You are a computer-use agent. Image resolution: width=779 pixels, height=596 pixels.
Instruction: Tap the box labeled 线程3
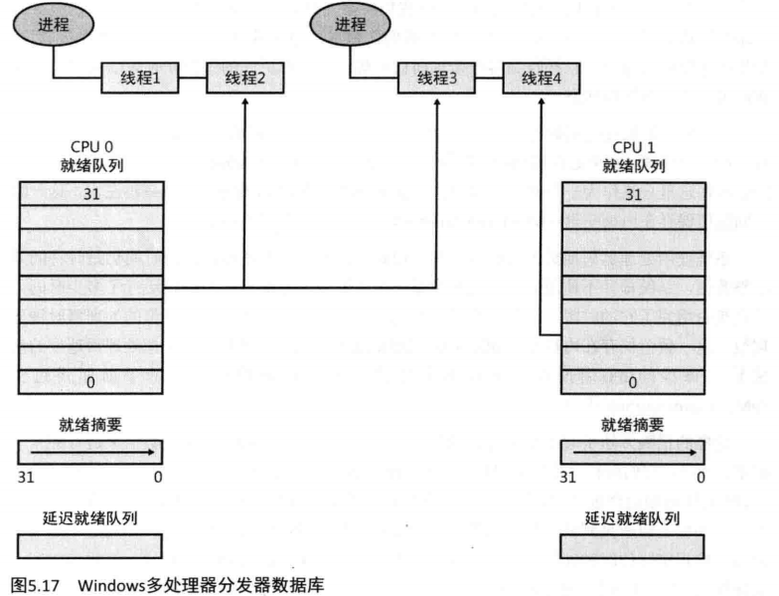437,78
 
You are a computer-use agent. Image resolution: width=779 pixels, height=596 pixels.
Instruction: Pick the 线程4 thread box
541,78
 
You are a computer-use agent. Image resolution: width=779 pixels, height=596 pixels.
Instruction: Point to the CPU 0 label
89,146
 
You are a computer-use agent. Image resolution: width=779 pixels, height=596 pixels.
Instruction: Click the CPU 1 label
633,146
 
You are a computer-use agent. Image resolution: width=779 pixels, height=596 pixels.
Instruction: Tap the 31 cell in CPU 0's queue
89,192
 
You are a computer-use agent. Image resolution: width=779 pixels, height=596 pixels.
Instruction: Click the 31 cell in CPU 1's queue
633,193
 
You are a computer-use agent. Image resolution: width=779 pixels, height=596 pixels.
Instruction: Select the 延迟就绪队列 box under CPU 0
89,545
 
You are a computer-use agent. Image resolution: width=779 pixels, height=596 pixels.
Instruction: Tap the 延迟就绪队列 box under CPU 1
633,545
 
